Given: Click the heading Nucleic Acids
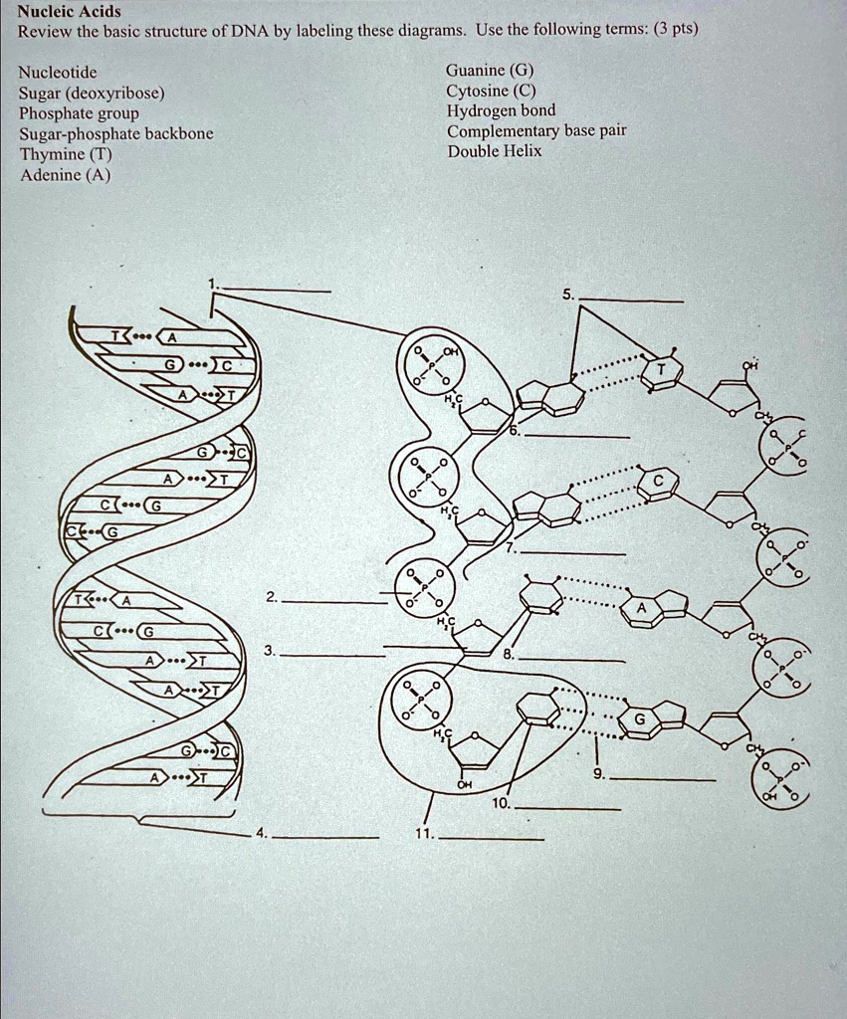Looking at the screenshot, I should (x=70, y=12).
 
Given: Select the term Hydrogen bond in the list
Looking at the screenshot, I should (x=501, y=110).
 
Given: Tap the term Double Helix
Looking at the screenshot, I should (x=494, y=151).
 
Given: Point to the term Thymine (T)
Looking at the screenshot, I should (x=65, y=155).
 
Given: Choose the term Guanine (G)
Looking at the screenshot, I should (x=490, y=70).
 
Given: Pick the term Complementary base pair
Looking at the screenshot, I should (x=536, y=131).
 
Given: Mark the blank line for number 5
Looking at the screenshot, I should (x=631, y=301).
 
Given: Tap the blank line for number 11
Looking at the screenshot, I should (x=492, y=841).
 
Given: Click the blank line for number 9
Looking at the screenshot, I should (x=662, y=780).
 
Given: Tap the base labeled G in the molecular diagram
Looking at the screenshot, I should (x=639, y=719).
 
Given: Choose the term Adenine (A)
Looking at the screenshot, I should (x=65, y=176).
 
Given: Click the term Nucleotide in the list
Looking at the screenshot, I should (x=58, y=72).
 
